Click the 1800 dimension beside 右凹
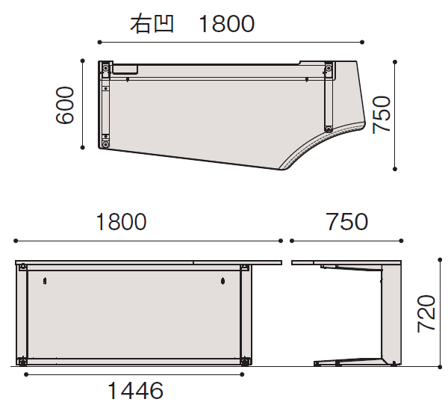click(227, 24)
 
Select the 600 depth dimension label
click(65, 105)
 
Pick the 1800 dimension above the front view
click(121, 222)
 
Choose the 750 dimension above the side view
click(346, 222)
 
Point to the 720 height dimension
click(426, 314)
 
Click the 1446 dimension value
click(135, 390)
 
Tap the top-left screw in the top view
click(106, 68)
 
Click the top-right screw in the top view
click(328, 68)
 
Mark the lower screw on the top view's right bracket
click(327, 126)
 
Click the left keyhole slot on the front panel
click(46, 281)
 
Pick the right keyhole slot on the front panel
click(223, 281)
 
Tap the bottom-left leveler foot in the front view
click(25, 362)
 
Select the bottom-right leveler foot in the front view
click(244, 362)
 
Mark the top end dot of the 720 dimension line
click(440, 261)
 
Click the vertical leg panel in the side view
click(391, 314)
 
